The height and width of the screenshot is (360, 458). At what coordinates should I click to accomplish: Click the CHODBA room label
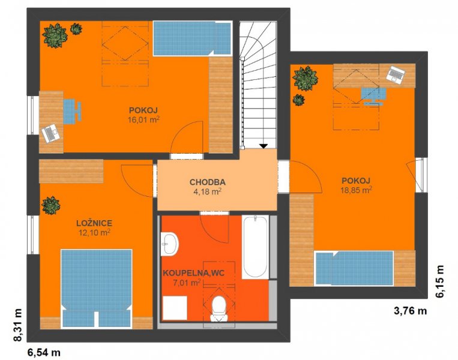pos(207,182)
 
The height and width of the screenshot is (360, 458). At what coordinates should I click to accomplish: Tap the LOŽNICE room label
pos(94,223)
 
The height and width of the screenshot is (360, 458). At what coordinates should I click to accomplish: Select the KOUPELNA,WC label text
pos(194,273)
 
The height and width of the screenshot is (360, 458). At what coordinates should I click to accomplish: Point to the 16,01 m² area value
pos(143,119)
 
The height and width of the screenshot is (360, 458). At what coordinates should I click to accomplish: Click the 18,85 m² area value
pos(356,190)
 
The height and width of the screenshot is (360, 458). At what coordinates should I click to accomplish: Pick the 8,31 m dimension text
pos(18,325)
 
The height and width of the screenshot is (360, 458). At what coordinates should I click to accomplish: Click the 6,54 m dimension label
pos(44,352)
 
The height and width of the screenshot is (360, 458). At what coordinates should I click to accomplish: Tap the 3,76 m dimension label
pos(410,311)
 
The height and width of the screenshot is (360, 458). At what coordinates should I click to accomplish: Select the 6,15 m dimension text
pos(439,281)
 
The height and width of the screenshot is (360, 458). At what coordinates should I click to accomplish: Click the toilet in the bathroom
pos(219,308)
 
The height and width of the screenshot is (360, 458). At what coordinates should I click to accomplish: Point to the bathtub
pos(255,247)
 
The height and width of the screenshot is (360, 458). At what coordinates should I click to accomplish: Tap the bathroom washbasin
pos(169,244)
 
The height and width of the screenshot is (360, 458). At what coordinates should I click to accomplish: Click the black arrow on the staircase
pos(264,146)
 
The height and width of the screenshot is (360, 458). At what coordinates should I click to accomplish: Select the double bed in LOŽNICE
pos(97,289)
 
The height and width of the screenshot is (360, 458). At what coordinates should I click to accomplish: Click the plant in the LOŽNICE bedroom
pos(51,206)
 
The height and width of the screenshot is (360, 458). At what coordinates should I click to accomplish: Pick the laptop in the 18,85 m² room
pos(396,75)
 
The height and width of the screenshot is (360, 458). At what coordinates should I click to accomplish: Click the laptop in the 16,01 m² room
pos(51,133)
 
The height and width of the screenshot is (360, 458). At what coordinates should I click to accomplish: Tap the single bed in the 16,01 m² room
pos(193,38)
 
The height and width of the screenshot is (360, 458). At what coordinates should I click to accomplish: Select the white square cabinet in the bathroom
pos(175,308)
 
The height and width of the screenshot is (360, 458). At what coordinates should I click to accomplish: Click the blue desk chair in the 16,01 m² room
pos(72,111)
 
